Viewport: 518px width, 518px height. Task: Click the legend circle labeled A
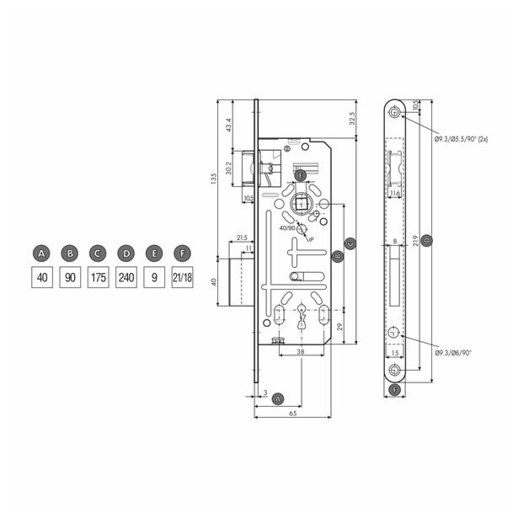pos(41,252)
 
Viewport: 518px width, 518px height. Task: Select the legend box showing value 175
pos(98,276)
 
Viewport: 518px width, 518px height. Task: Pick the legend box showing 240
pos(125,276)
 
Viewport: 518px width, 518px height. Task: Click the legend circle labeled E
pos(153,252)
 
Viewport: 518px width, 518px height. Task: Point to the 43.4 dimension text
pos(228,126)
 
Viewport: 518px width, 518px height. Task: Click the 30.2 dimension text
pos(228,168)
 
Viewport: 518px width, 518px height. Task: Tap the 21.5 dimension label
pos(242,238)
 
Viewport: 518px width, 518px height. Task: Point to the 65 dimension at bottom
pos(292,414)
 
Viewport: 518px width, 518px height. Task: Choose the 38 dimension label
pos(300,351)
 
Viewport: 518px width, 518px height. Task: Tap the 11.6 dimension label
pos(396,194)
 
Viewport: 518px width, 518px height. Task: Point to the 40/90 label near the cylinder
pos(286,227)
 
